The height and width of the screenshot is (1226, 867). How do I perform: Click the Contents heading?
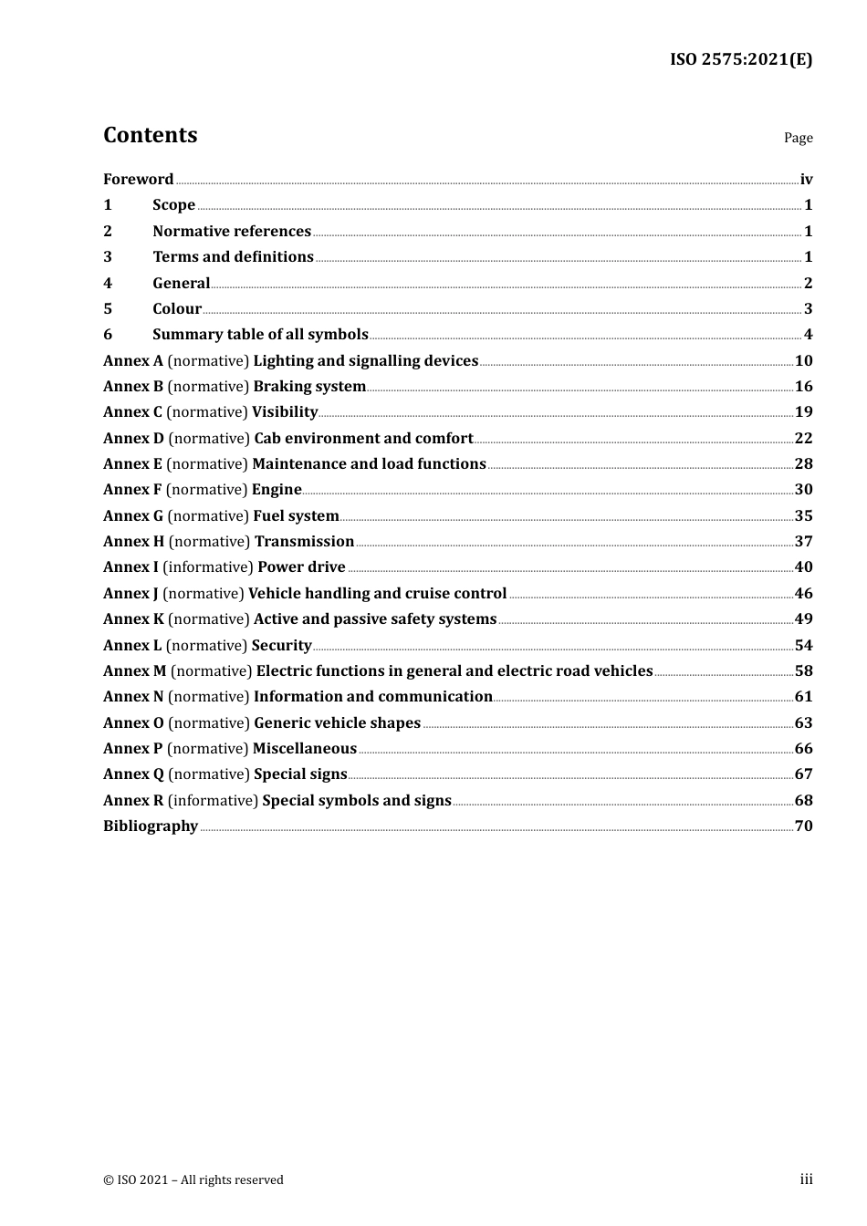pos(150,135)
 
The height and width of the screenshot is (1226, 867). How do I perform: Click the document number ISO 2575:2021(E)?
pos(740,59)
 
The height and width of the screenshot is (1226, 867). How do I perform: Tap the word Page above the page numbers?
pos(798,138)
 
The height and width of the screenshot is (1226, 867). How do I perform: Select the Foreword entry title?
pos(138,180)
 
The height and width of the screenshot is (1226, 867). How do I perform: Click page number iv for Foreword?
pos(806,180)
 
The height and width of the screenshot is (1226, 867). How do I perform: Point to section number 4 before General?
pos(108,284)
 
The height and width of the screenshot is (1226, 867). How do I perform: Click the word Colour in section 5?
pos(177,309)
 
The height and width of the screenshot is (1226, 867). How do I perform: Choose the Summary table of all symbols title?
pos(260,335)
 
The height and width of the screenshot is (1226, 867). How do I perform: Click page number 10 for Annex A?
pos(803,361)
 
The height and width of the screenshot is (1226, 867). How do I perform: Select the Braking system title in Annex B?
pos(309,387)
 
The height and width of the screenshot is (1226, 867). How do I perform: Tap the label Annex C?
pos(132,412)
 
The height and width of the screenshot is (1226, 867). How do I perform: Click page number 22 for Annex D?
pos(803,439)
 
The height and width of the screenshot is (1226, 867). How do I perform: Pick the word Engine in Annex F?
pos(277,490)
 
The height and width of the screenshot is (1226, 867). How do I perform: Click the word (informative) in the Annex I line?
pos(208,567)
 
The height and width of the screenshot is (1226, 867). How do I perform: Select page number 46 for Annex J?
pos(803,594)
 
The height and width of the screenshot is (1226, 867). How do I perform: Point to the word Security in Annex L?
pos(281,646)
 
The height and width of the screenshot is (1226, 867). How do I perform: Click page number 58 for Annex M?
pos(803,671)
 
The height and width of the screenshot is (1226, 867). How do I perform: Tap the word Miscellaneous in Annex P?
pos(304,749)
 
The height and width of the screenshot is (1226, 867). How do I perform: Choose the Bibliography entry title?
pos(151,826)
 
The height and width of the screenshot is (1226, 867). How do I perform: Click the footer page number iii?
pos(806,1179)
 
